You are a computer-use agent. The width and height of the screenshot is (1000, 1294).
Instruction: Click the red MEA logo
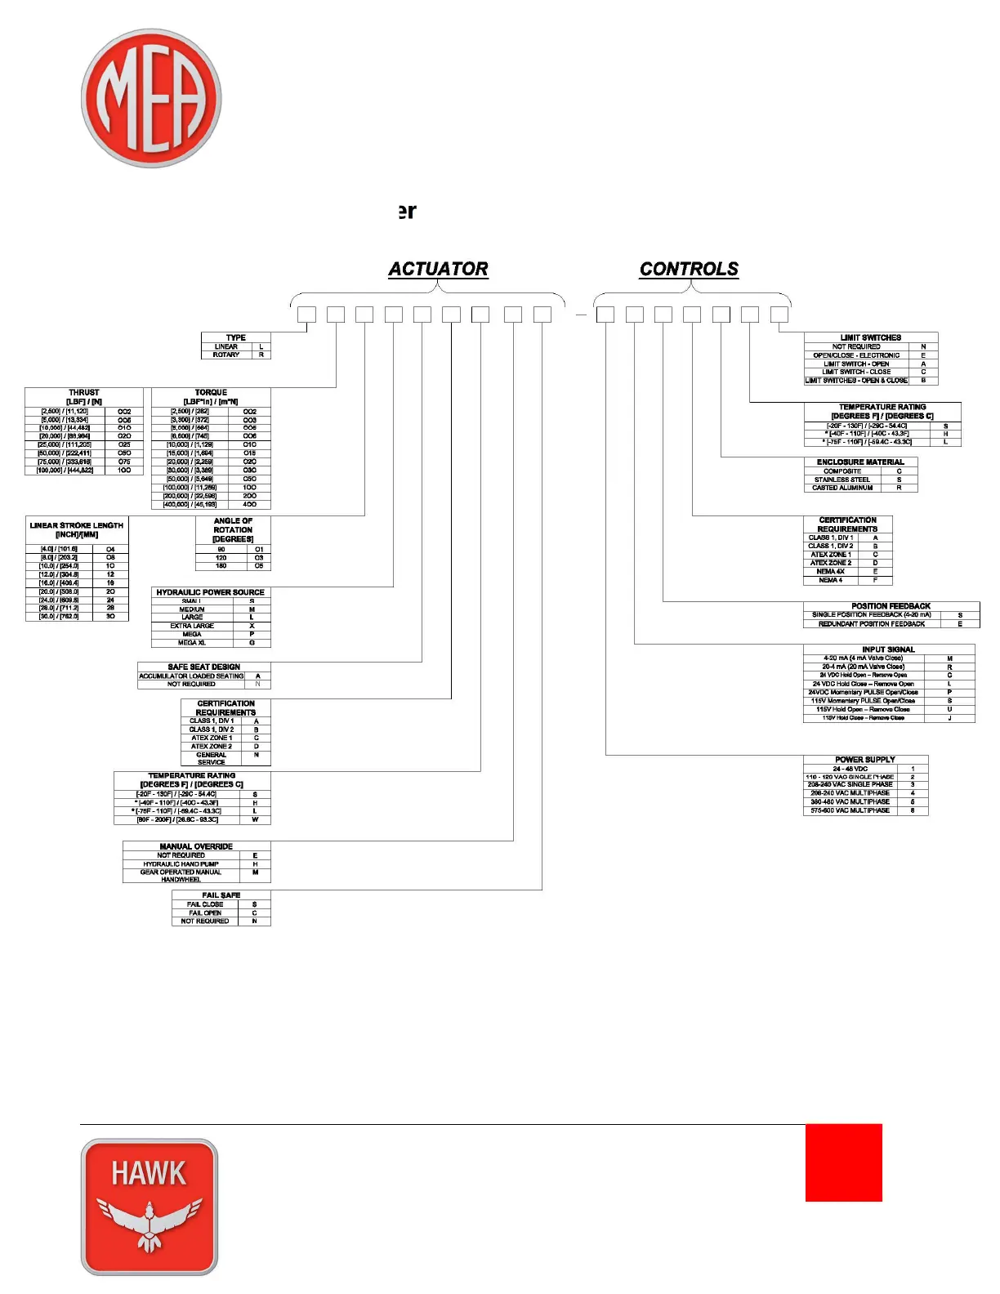151,99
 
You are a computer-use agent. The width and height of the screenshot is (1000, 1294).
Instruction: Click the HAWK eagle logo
150,1207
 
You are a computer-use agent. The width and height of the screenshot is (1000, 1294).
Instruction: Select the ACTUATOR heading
438,269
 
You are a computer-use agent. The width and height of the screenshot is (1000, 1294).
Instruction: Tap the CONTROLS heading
689,269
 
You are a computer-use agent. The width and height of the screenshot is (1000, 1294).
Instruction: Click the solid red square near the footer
843,1162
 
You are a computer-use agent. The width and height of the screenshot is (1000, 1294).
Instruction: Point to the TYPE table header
235,337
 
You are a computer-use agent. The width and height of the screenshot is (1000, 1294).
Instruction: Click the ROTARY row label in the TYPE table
226,355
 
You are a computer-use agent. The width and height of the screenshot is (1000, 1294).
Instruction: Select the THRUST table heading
84,393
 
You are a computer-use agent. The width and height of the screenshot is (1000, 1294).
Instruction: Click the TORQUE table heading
211,393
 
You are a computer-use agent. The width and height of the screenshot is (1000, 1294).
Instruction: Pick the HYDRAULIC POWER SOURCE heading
211,592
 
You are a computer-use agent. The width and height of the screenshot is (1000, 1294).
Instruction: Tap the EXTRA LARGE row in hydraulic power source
192,626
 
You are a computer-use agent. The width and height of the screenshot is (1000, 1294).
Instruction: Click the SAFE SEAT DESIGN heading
204,667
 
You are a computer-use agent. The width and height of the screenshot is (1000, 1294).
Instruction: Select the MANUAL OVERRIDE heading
196,846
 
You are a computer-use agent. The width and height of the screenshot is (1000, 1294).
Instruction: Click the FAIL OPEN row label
205,912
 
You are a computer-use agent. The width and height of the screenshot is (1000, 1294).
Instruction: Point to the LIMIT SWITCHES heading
870,337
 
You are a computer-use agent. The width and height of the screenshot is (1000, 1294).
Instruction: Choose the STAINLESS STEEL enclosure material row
842,480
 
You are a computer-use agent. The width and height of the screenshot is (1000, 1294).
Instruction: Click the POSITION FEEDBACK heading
891,606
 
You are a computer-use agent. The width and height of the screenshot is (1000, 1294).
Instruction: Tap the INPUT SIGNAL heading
888,649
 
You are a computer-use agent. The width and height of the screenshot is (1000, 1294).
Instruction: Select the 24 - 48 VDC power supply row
850,769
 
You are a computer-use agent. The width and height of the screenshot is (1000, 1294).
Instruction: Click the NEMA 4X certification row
830,571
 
